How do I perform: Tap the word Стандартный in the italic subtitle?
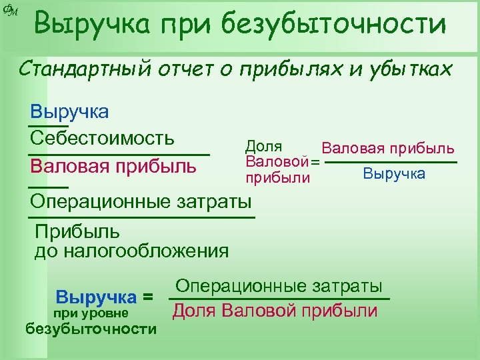[x=88, y=69]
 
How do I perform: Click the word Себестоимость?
[x=102, y=138]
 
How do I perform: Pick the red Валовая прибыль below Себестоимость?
[x=113, y=165]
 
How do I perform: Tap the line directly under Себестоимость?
[x=119, y=154]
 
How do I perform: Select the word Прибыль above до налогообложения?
[x=77, y=232]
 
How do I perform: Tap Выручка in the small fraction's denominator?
[x=394, y=174]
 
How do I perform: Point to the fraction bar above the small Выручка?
[x=393, y=162]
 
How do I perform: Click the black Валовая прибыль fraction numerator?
[x=388, y=148]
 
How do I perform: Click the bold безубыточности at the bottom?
[x=91, y=329]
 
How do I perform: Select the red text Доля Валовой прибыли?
[x=275, y=311]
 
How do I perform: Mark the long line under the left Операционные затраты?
[x=142, y=217]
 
